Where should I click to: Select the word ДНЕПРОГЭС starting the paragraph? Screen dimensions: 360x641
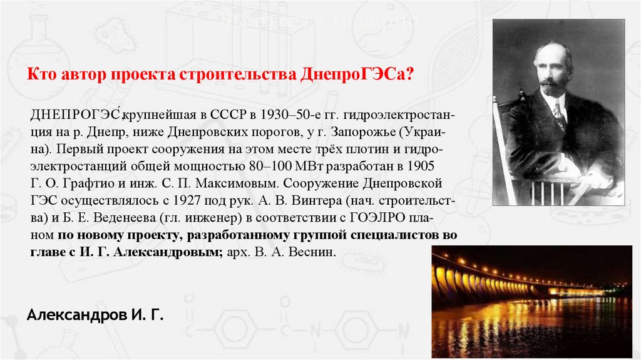(74, 117)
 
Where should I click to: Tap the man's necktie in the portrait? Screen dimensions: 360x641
(559, 116)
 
